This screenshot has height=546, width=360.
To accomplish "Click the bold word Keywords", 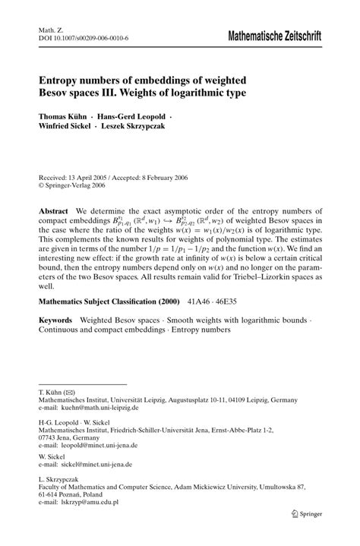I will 57,321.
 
